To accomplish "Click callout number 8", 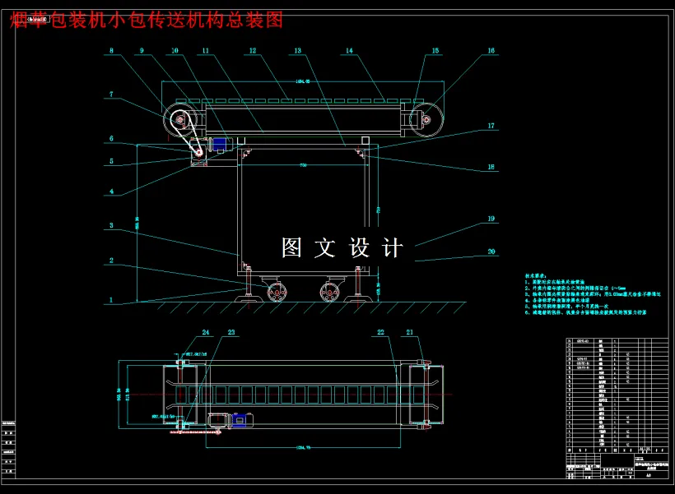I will click(x=111, y=51).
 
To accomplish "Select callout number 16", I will click(x=491, y=51).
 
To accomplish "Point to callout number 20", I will click(x=491, y=252).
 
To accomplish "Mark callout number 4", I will click(x=111, y=192).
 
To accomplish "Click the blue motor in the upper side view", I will click(x=220, y=145).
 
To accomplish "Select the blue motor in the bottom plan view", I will click(x=242, y=419).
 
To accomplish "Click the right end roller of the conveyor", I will click(x=426, y=122).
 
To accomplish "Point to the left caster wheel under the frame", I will click(x=277, y=293).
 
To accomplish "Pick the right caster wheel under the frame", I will click(x=331, y=293).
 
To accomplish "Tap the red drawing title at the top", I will click(x=147, y=20).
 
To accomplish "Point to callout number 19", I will click(x=491, y=219).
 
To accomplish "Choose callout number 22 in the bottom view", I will click(x=380, y=332).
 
